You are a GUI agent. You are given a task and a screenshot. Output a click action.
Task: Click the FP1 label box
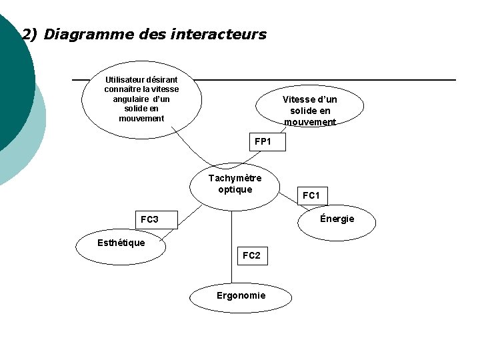pos(263,142)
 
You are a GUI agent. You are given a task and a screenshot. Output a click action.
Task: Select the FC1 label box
pos(311,195)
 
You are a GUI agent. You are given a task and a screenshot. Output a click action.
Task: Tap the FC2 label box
pos(252,255)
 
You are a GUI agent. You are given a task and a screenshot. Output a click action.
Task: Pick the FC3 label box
pos(149,219)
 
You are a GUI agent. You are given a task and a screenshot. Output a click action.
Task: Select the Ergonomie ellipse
pos(241,296)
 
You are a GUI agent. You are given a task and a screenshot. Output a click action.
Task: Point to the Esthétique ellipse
pos(121,243)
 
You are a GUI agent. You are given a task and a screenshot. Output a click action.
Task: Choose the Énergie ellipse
pos(337,220)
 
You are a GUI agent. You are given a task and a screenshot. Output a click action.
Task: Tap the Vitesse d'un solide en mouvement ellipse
pos(310,107)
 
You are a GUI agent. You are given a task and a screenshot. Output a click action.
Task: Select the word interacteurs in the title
pos(219,34)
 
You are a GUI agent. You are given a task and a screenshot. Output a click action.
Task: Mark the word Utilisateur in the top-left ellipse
pos(129,79)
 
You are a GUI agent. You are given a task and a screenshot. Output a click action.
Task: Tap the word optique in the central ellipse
pos(235,189)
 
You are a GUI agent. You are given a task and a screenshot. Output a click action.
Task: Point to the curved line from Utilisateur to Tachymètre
pos(193,147)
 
